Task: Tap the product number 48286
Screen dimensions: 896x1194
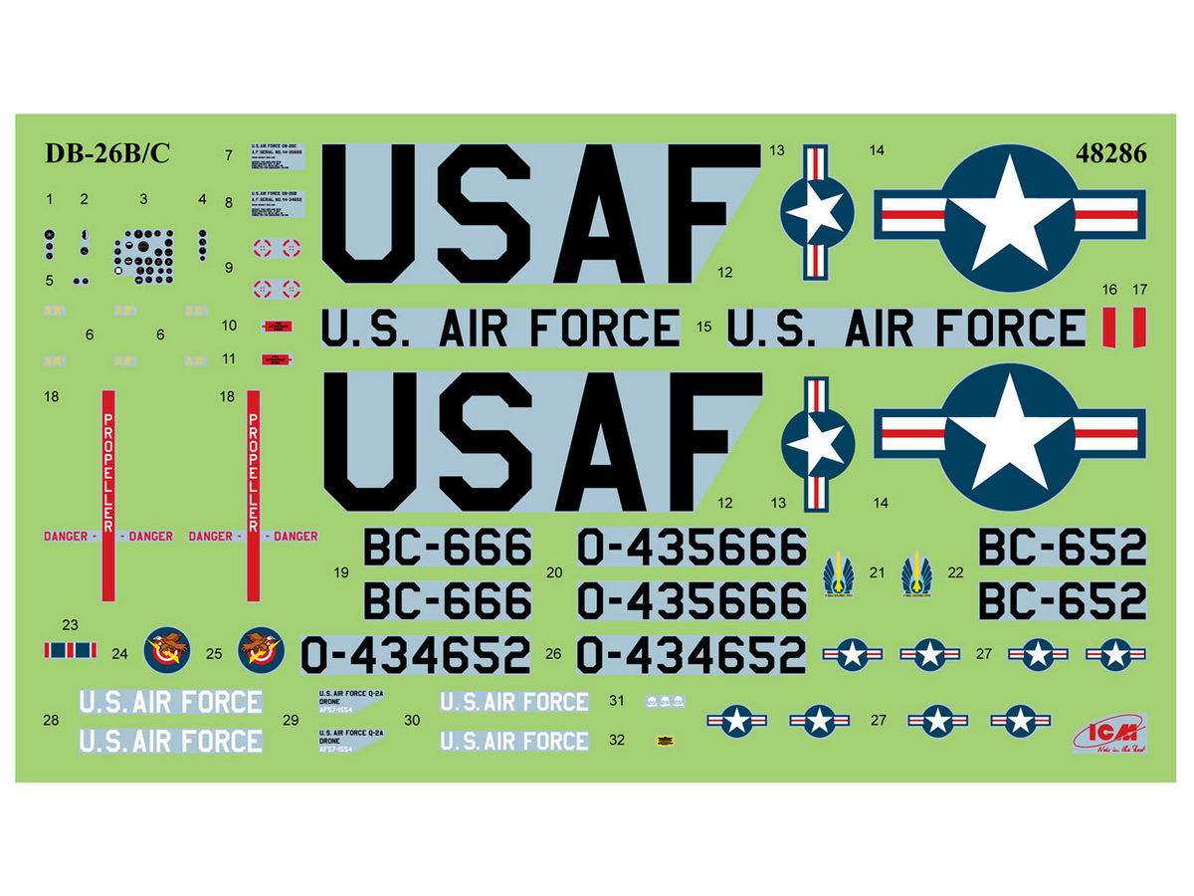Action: click(1110, 154)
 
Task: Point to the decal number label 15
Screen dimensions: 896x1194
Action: click(704, 327)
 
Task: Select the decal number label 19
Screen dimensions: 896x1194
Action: click(342, 572)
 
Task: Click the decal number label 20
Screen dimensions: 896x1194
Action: click(555, 572)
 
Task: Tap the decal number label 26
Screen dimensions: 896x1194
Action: click(553, 654)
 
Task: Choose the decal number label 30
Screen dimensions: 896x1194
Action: click(413, 719)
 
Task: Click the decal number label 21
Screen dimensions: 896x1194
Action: click(877, 573)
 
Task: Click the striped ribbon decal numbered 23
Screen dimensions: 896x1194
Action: click(70, 650)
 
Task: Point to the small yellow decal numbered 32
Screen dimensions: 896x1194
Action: click(659, 739)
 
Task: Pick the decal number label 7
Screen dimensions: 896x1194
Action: click(229, 155)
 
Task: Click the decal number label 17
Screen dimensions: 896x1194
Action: click(1140, 290)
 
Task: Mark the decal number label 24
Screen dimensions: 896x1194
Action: click(120, 654)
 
